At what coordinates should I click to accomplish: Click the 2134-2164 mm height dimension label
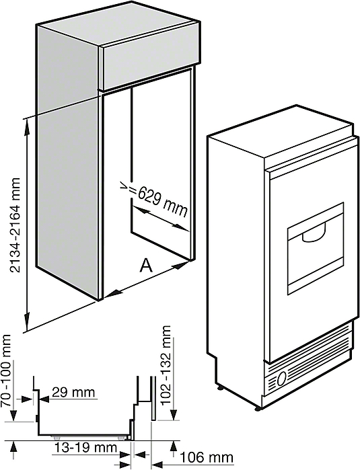[15, 225]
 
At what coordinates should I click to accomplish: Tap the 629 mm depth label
[162, 202]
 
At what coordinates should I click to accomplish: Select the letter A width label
[146, 266]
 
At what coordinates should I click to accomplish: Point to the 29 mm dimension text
[73, 393]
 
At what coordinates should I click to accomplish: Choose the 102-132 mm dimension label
[166, 365]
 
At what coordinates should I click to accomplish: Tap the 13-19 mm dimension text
[85, 448]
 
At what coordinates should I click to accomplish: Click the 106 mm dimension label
[207, 458]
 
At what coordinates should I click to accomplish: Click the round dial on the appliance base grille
[281, 379]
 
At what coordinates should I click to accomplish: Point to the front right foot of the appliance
[258, 408]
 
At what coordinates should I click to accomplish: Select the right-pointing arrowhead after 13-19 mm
[125, 463]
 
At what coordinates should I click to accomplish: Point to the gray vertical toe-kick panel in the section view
[153, 398]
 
